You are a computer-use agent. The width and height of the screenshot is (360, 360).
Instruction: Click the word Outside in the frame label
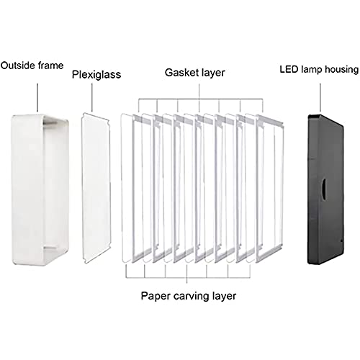18,66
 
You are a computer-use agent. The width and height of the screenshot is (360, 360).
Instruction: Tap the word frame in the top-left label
50,66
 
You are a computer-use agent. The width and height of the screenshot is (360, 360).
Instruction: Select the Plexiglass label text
96,75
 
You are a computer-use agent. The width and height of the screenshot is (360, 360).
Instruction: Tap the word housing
341,70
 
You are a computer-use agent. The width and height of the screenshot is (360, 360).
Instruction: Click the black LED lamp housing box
325,189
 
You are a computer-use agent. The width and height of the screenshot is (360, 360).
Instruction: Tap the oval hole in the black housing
324,189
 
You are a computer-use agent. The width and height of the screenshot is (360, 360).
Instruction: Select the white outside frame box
40,190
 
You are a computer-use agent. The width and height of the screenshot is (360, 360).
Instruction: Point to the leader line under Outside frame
37,97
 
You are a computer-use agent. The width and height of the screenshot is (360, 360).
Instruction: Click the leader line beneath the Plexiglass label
92,97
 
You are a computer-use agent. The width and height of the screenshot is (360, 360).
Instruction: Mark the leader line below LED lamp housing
320,97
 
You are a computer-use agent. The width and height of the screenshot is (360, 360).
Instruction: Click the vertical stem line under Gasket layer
199,91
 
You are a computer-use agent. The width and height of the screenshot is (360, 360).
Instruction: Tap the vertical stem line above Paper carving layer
186,280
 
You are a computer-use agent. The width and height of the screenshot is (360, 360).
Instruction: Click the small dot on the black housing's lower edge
341,240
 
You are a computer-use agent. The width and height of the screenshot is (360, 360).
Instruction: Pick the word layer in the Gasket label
213,73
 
